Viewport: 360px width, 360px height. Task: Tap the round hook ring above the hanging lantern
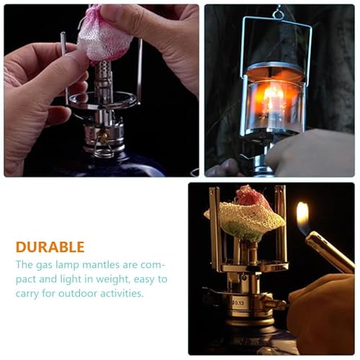pos(277,12)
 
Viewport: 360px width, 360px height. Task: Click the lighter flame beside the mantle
pos(302,217)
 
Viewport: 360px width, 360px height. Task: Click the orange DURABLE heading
pos(50,246)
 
